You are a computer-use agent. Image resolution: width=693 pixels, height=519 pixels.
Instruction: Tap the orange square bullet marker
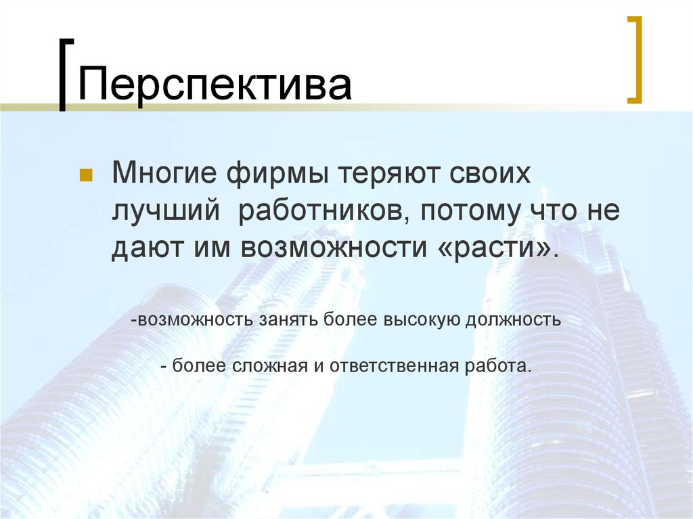(x=86, y=177)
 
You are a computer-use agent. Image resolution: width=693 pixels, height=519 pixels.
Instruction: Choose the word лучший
(x=166, y=212)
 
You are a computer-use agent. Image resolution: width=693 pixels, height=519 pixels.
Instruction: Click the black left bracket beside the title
(x=63, y=75)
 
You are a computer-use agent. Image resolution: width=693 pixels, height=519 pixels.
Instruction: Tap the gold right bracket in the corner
(x=635, y=60)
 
